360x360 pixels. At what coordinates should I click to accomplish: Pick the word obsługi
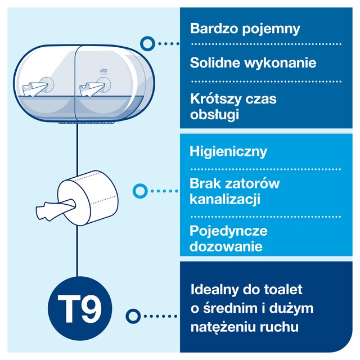(x=214, y=114)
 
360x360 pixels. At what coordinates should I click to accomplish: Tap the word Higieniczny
(x=228, y=152)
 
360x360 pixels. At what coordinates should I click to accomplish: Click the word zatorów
(x=252, y=184)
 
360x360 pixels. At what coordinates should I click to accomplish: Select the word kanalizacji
(x=225, y=199)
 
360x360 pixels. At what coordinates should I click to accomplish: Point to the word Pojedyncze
(x=228, y=231)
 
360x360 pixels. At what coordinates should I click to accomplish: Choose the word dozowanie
(x=226, y=246)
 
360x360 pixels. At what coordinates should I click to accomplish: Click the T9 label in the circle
(x=79, y=309)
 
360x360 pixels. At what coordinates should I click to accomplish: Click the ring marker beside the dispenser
(x=147, y=44)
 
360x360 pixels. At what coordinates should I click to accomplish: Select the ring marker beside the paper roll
(x=140, y=191)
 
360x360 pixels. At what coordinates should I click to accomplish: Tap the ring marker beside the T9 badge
(x=133, y=316)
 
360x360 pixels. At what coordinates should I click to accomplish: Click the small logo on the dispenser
(x=102, y=70)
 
